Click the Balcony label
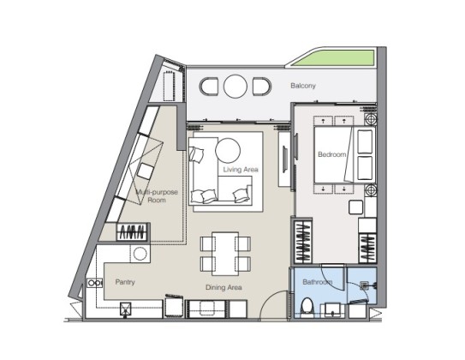[303, 86]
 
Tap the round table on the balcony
[235, 86]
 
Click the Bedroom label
[332, 154]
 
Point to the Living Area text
[241, 170]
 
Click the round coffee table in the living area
[228, 151]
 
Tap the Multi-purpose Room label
[157, 196]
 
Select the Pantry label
[125, 282]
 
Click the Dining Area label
[224, 287]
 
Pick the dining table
[225, 254]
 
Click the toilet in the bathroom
[307, 308]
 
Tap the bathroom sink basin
[332, 309]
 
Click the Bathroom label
[318, 282]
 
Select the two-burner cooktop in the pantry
[94, 283]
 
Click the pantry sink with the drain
[126, 309]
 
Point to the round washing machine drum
[140, 254]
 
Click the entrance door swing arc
[271, 300]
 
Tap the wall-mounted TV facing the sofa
[284, 159]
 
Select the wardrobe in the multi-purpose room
[133, 231]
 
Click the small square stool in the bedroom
[356, 207]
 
